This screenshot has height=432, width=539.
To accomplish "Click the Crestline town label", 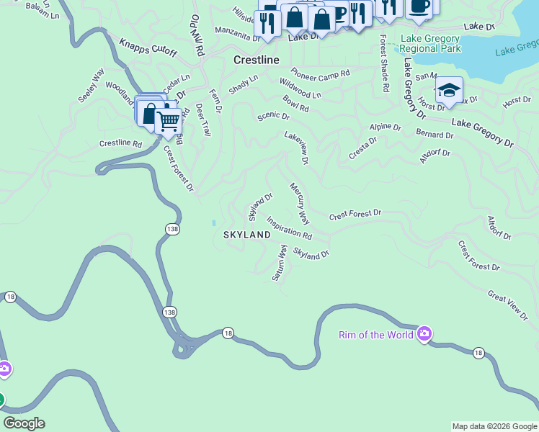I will click(x=256, y=60).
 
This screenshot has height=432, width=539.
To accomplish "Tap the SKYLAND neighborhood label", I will click(x=246, y=235).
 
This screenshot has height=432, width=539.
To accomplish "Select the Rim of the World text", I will click(x=376, y=334).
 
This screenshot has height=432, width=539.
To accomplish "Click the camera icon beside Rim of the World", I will click(x=424, y=333).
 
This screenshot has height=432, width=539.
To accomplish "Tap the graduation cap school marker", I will click(x=448, y=90).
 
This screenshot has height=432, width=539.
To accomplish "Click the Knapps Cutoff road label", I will click(x=148, y=43).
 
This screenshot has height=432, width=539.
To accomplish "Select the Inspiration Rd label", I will click(x=289, y=228).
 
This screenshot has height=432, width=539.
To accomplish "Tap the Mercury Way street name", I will click(x=300, y=202).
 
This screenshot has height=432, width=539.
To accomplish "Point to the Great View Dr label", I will click(x=508, y=305).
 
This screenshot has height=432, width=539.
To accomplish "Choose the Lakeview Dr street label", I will click(x=296, y=148).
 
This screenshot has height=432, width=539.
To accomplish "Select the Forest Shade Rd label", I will click(x=384, y=64).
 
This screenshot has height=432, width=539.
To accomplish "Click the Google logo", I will click(x=24, y=423).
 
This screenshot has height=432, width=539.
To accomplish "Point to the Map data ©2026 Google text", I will click(x=494, y=426).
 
